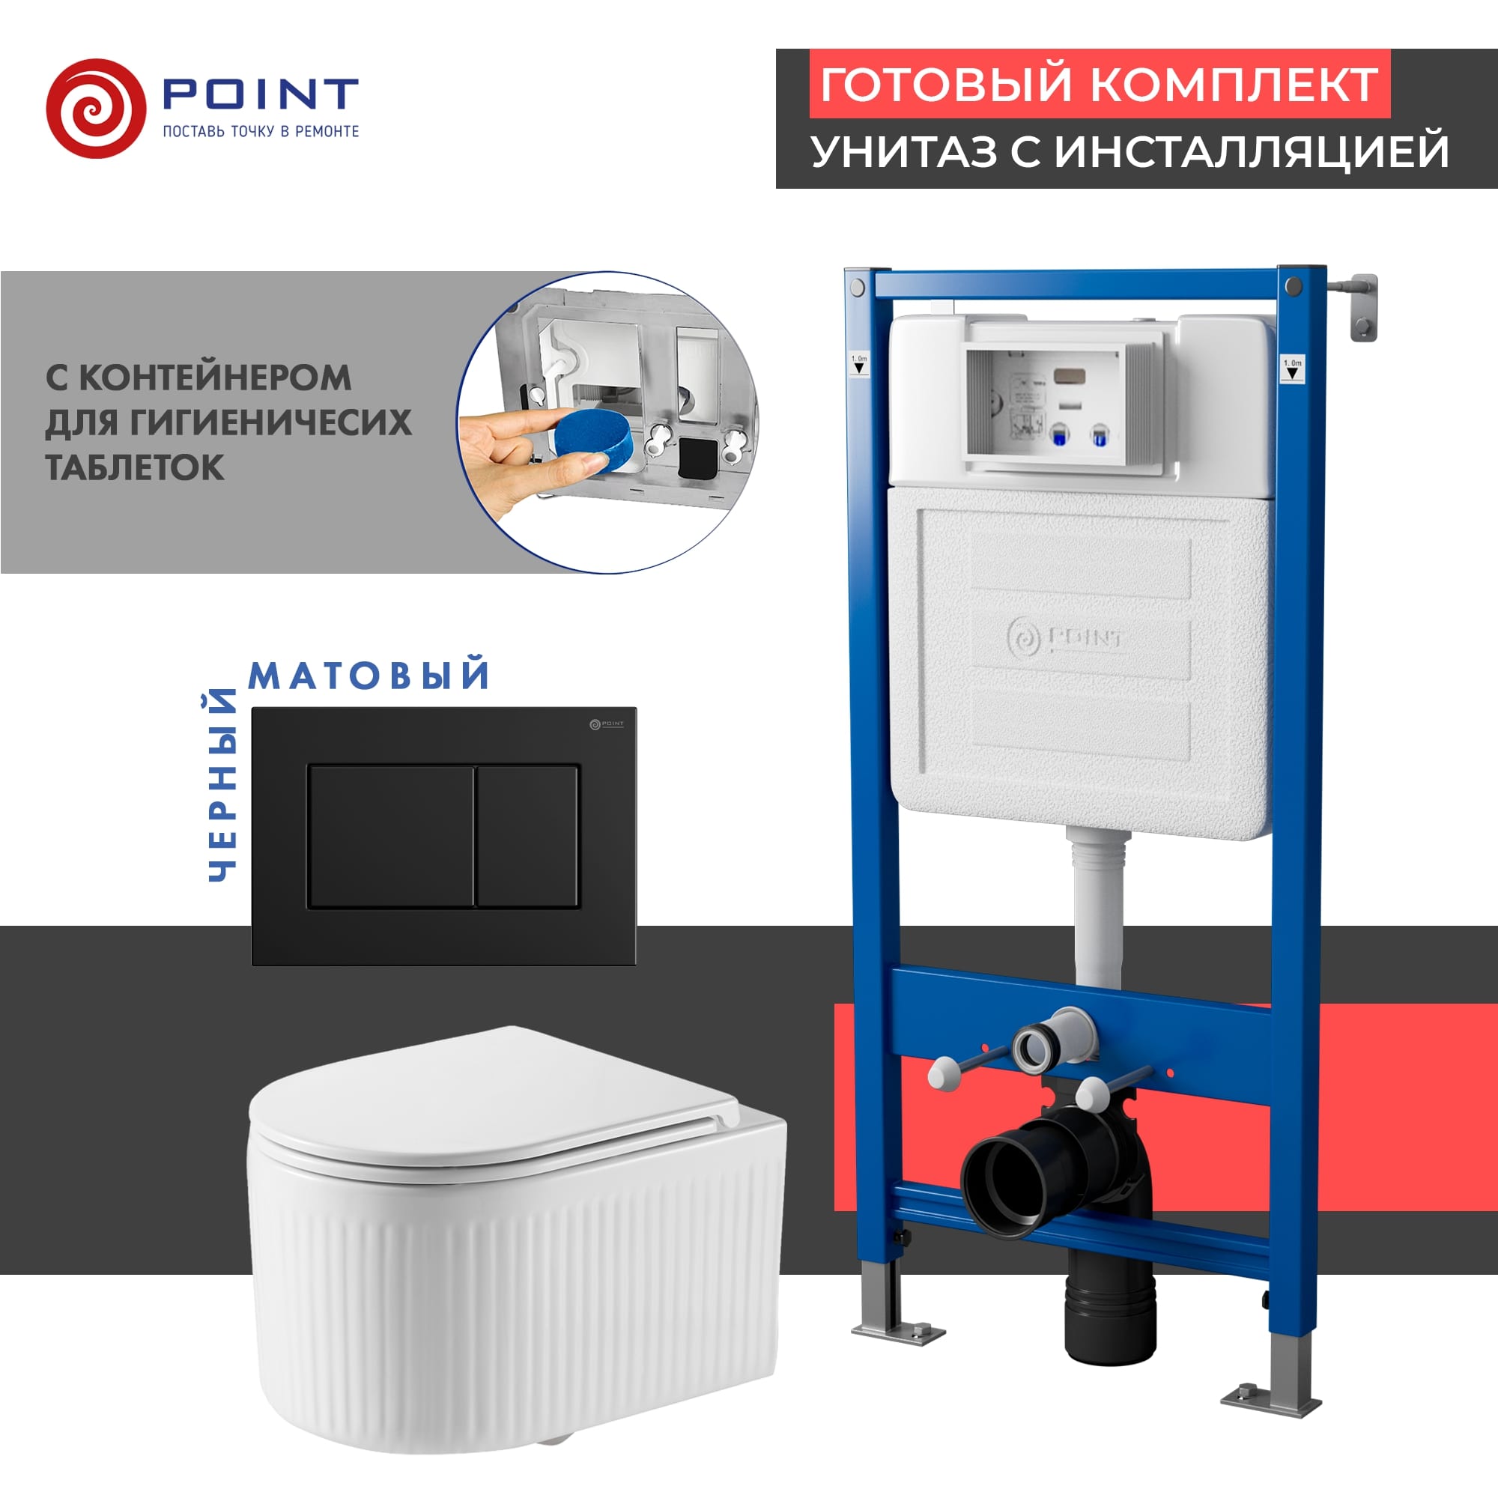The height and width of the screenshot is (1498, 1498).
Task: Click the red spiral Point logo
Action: (95, 109)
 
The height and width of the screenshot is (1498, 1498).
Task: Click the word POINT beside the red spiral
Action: (260, 94)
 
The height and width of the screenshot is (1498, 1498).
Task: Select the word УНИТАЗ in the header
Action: (903, 151)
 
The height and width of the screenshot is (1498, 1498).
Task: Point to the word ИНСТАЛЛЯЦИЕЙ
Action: (1252, 151)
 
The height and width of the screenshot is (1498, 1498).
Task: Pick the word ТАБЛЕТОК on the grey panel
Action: (135, 467)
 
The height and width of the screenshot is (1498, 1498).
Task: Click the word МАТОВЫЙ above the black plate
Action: (369, 675)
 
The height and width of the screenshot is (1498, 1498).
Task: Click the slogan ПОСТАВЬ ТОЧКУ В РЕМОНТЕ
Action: (261, 132)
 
